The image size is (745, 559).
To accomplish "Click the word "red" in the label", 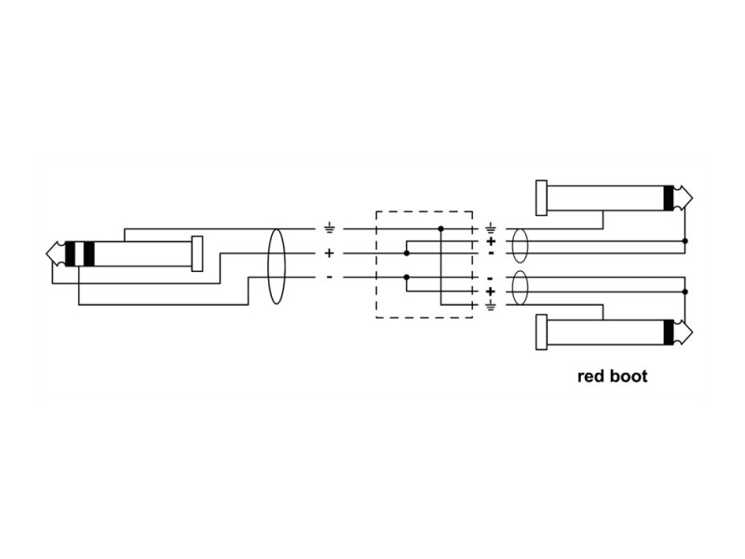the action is tap(590, 376).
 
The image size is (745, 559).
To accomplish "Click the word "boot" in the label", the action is tap(629, 376).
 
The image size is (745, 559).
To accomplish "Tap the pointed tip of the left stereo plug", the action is tap(47, 253).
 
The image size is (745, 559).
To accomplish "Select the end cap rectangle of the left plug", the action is tap(196, 253).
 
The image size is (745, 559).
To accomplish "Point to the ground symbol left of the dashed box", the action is tap(329, 229).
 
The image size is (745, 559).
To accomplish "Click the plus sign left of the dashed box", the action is tap(329, 253).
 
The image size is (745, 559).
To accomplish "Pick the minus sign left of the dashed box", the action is tap(330, 277).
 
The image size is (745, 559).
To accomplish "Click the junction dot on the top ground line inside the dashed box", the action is tap(440, 229).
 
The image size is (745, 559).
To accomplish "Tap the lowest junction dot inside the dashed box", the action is tap(407, 277).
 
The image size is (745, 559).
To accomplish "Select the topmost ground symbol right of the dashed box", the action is tap(491, 228).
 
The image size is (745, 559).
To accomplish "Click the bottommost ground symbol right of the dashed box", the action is tap(491, 306).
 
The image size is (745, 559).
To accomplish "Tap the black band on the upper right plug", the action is tap(669, 198).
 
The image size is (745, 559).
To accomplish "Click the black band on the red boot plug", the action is tap(669, 333).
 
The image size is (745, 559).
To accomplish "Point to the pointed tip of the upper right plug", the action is tap(693, 198).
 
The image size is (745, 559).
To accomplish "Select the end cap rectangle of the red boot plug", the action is tap(541, 333).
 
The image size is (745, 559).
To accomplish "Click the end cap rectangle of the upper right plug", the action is tap(541, 198).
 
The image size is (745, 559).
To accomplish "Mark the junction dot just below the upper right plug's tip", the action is tap(685, 241).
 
